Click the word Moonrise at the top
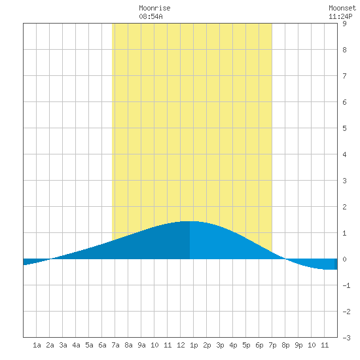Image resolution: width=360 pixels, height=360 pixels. click(x=154, y=8)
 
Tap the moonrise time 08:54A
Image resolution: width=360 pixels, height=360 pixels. click(x=151, y=16)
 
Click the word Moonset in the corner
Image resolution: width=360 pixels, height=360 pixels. click(x=342, y=8)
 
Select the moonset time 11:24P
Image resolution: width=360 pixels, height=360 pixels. click(x=340, y=16)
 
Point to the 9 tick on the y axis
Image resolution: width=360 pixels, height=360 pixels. click(x=344, y=24)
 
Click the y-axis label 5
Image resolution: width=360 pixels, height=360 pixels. click(x=344, y=128)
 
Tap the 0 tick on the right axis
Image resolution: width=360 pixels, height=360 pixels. click(x=344, y=259)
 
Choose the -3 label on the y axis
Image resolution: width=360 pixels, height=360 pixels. click(x=346, y=338)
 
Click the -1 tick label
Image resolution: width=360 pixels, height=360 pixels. click(x=346, y=285)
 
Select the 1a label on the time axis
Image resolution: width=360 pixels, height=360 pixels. click(x=37, y=345)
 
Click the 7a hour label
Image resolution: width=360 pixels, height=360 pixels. click(x=115, y=345)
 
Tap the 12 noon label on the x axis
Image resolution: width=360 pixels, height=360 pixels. click(x=181, y=345)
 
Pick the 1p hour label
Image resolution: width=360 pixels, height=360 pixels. click(x=194, y=345)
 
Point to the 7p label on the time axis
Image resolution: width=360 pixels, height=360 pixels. click(x=272, y=345)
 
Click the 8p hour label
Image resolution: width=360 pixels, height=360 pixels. click(x=285, y=345)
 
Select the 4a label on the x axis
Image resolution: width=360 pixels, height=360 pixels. click(x=76, y=345)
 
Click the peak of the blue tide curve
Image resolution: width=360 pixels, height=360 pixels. click(x=190, y=221)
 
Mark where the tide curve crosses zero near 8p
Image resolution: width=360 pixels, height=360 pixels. click(x=285, y=259)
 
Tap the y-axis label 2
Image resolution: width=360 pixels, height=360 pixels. click(x=344, y=207)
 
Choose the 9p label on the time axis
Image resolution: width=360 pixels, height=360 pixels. click(x=298, y=345)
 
